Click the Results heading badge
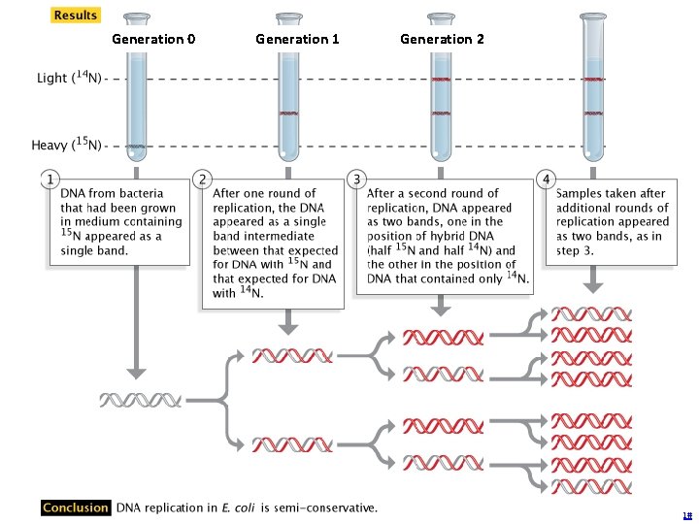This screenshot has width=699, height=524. click(x=75, y=16)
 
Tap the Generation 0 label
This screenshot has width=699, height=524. click(x=153, y=39)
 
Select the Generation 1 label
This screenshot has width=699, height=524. click(x=297, y=39)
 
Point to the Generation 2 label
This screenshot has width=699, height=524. click(x=442, y=39)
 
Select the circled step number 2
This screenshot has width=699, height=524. click(x=202, y=179)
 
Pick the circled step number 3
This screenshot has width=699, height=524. click(x=356, y=179)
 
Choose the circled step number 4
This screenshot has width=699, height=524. click(x=546, y=179)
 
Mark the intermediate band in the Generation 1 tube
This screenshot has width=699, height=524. click(x=288, y=114)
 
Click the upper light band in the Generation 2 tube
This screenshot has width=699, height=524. click(x=440, y=79)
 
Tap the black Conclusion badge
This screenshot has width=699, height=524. click(x=76, y=508)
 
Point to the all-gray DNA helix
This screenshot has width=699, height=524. click(x=141, y=399)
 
